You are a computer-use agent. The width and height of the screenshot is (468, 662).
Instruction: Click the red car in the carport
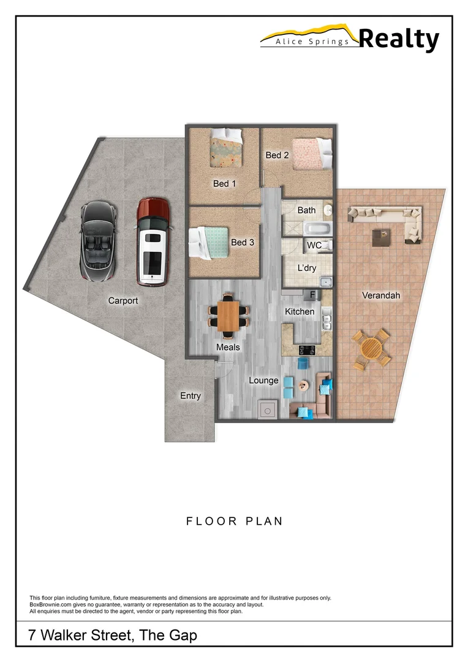coord(153,242)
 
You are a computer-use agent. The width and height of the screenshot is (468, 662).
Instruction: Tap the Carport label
coord(123,301)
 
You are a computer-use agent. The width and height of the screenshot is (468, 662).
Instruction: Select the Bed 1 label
coord(224,183)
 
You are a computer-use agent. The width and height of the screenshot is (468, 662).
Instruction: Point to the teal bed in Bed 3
coord(212,242)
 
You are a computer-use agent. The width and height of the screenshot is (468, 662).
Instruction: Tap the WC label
coord(314,246)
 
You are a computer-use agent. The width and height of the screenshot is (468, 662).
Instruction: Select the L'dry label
coord(307,268)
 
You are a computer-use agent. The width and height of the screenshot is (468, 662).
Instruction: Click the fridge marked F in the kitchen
coord(312,295)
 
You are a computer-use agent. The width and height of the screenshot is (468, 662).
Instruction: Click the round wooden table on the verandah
coord(371,348)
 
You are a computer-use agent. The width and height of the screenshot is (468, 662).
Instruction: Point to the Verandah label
coord(380,295)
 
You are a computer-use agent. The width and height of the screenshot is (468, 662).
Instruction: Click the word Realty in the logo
coord(398,39)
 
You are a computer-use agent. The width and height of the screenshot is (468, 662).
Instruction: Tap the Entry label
coord(190,396)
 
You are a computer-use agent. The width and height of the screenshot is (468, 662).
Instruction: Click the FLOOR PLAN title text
coord(234,522)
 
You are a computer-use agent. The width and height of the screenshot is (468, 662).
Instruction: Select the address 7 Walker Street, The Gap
coord(113,635)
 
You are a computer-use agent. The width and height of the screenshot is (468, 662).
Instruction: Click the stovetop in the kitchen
coord(307,349)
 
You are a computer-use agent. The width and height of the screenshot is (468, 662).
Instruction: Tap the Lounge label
coord(263,381)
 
